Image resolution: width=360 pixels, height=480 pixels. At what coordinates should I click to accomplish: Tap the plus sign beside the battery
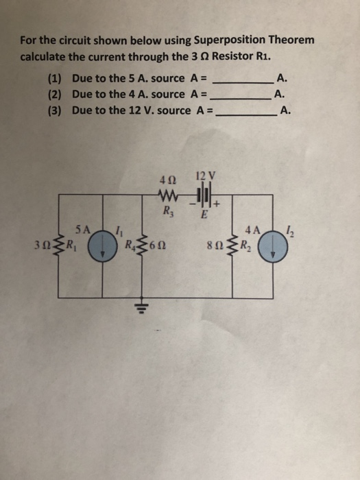(x=217, y=204)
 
